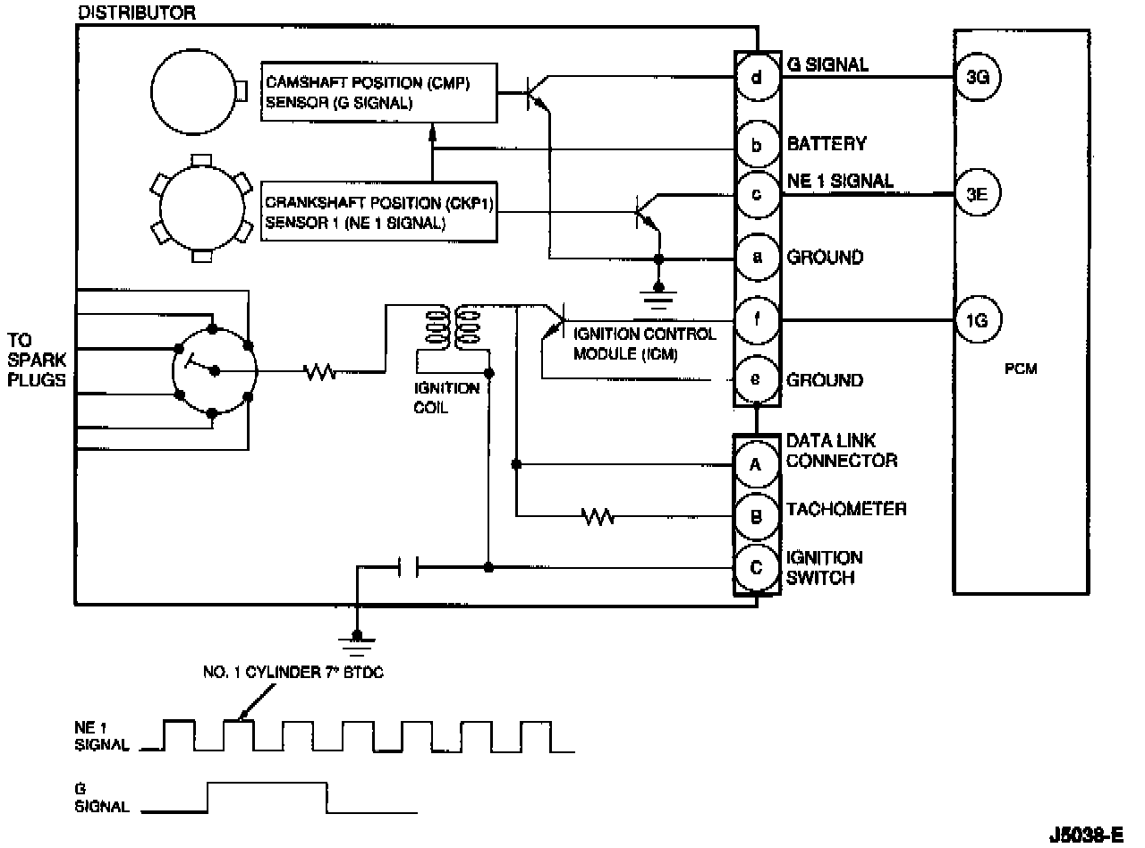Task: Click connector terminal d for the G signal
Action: [x=757, y=78]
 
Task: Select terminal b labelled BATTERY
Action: [x=757, y=145]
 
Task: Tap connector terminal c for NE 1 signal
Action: [x=757, y=194]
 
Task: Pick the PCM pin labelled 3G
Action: [x=978, y=78]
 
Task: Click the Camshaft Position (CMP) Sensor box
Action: [x=378, y=93]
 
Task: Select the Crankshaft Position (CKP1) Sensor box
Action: [x=378, y=212]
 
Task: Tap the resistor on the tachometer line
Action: [x=597, y=516]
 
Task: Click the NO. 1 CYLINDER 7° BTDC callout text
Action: [x=293, y=674]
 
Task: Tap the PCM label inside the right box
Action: [x=1020, y=369]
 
